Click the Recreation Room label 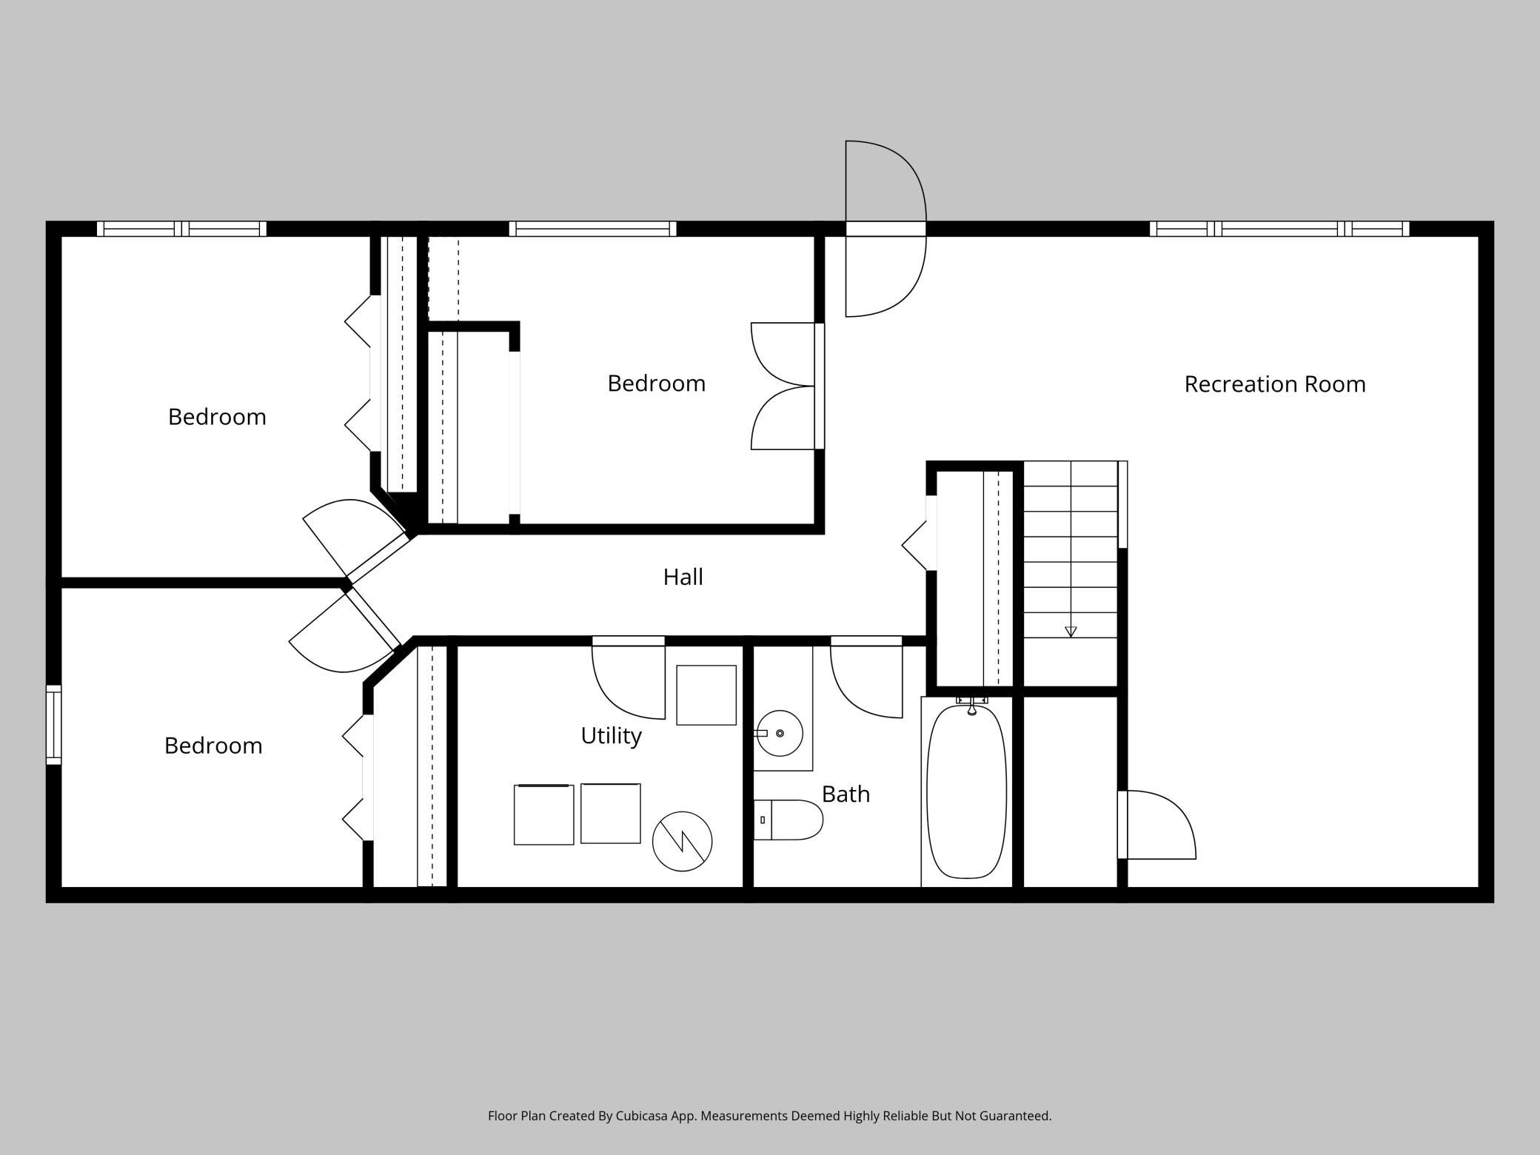pyautogui.click(x=1275, y=384)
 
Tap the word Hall pyautogui.click(x=683, y=577)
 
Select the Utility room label pyautogui.click(x=611, y=736)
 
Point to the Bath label pyautogui.click(x=846, y=794)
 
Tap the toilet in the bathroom pyautogui.click(x=789, y=820)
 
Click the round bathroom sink pyautogui.click(x=780, y=733)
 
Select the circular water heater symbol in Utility pyautogui.click(x=682, y=841)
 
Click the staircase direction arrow pyautogui.click(x=1071, y=632)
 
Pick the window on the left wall pyautogui.click(x=53, y=725)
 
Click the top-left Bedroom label pyautogui.click(x=217, y=417)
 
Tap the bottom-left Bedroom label pyautogui.click(x=213, y=746)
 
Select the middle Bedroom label pyautogui.click(x=656, y=384)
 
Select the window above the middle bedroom pyautogui.click(x=592, y=229)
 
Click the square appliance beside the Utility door pyautogui.click(x=706, y=695)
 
